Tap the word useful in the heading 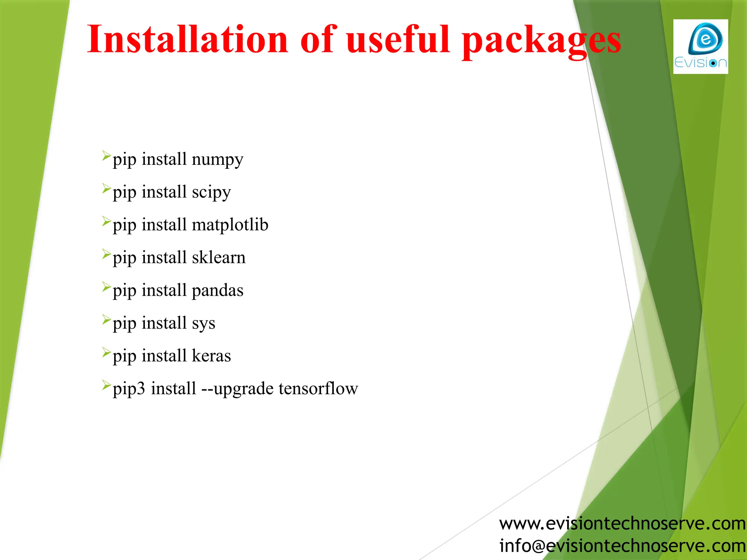point(398,39)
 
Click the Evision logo point(700,47)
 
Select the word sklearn point(218,257)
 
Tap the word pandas point(217,291)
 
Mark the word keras point(211,355)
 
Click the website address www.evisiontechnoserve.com point(622,524)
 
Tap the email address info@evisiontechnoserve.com point(622,546)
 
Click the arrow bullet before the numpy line point(106,156)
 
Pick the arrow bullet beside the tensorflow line point(106,385)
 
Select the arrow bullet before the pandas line point(106,287)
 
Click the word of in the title point(317,39)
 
